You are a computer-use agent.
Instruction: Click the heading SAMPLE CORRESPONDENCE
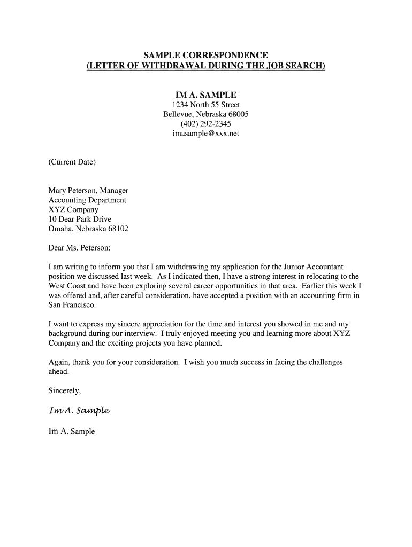coord(205,56)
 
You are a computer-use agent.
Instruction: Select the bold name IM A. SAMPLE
coord(205,95)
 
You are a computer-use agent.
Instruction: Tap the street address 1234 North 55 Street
coord(205,105)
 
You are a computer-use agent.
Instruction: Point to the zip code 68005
coord(238,114)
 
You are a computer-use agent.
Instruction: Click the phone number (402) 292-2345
coord(205,124)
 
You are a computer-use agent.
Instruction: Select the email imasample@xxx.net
coord(205,134)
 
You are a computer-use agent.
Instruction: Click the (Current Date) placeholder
coord(72,162)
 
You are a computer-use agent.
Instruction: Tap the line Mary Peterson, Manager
coord(88,191)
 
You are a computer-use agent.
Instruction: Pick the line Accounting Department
coord(87,200)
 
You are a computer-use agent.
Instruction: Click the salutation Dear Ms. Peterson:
coord(79,248)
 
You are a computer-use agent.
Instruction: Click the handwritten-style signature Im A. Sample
coord(79,410)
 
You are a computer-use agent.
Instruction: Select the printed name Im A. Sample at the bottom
coord(71,431)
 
